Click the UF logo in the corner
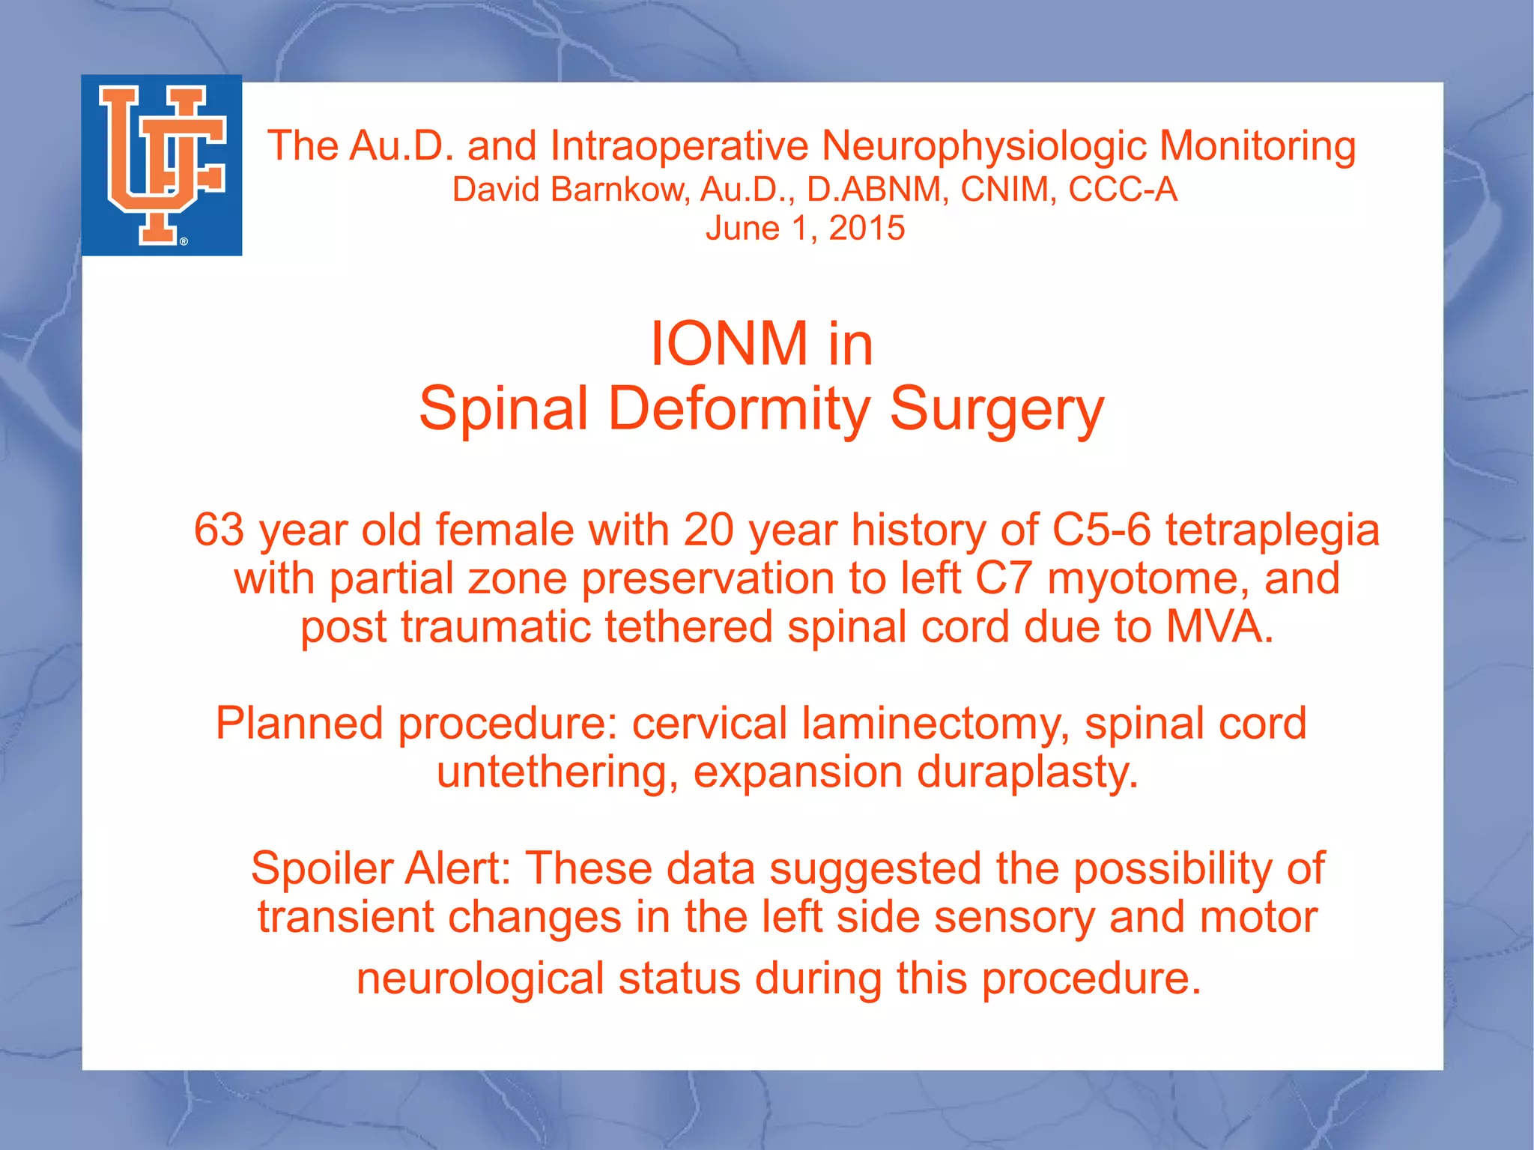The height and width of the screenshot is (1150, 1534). click(162, 166)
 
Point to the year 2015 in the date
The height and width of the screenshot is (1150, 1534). click(867, 229)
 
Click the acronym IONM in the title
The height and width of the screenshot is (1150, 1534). click(729, 344)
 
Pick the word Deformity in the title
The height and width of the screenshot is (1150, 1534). click(739, 409)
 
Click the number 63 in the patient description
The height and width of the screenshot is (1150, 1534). click(219, 530)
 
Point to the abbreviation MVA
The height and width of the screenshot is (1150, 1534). click(1219, 627)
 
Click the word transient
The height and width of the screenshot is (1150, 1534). click(345, 918)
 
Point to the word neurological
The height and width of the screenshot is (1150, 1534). click(480, 979)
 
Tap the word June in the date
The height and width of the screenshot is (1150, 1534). click(742, 229)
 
